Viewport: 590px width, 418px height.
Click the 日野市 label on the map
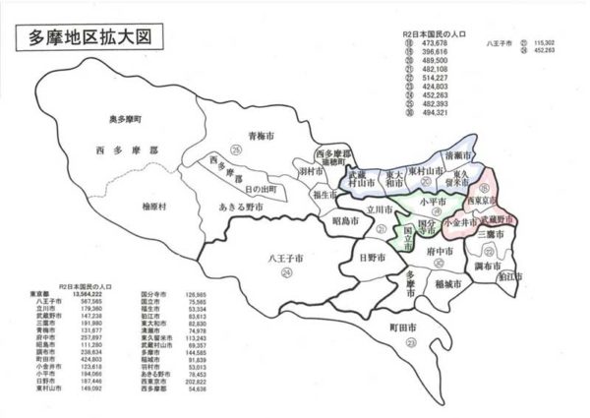(371, 258)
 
